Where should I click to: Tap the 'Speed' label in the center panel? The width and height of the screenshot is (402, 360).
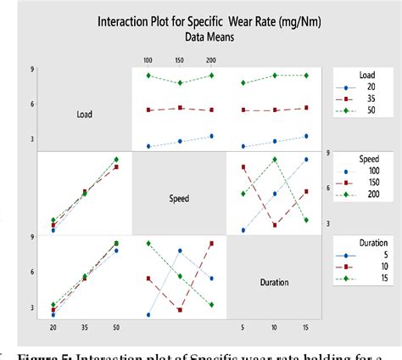178,199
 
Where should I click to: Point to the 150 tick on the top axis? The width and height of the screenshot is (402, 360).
179,61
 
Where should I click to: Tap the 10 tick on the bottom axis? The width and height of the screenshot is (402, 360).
274,326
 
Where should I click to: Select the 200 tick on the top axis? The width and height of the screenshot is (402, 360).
211,61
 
